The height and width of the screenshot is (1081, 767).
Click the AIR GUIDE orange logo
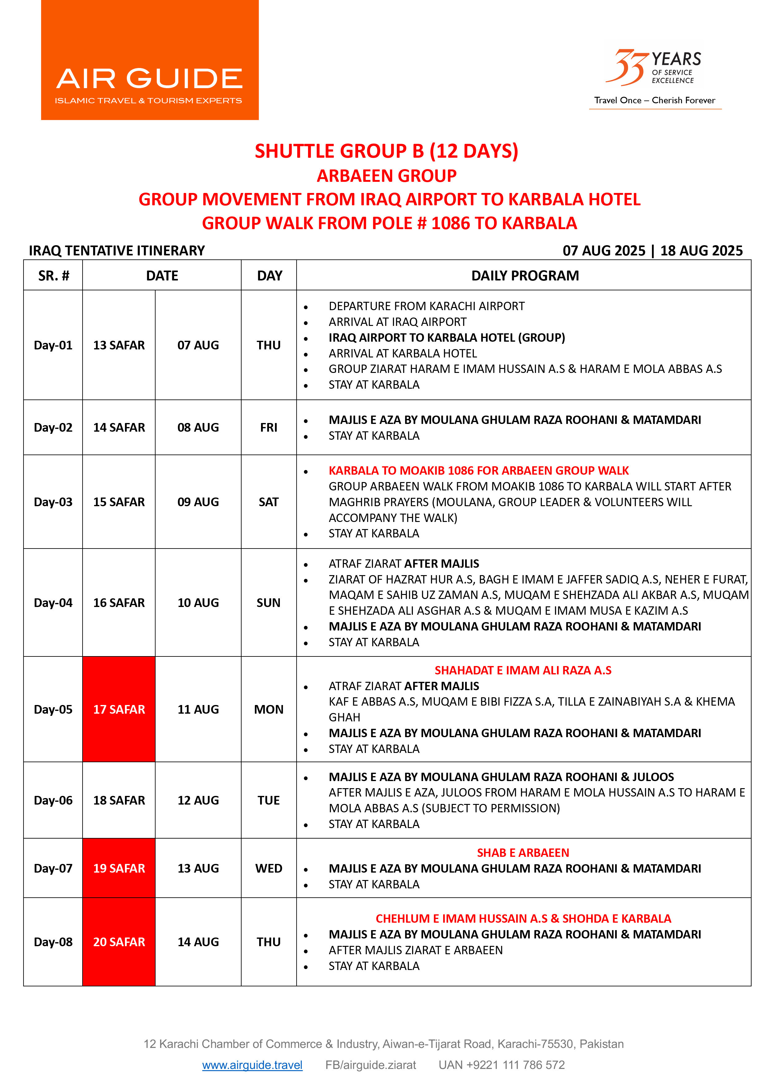(x=150, y=60)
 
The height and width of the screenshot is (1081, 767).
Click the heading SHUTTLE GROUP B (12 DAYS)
(x=386, y=151)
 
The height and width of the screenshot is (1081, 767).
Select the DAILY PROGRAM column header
(x=525, y=276)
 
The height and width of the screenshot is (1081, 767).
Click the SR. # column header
(x=54, y=276)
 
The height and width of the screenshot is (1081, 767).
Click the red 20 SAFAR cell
(x=119, y=942)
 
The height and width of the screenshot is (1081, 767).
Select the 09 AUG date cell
(x=198, y=502)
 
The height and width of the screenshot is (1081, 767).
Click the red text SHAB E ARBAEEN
(x=523, y=852)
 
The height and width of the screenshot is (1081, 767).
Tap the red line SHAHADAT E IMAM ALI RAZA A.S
(x=523, y=670)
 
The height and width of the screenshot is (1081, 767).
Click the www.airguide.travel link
(x=252, y=1065)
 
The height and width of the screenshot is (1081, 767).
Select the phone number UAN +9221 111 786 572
(x=502, y=1065)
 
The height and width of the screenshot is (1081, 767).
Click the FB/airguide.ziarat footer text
(x=371, y=1065)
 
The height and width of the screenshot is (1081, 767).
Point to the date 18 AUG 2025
(x=701, y=251)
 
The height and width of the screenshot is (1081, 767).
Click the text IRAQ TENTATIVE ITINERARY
(x=117, y=251)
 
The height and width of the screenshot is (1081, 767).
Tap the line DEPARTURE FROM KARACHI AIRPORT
(x=426, y=306)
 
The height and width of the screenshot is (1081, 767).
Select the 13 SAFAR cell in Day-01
(x=119, y=345)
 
